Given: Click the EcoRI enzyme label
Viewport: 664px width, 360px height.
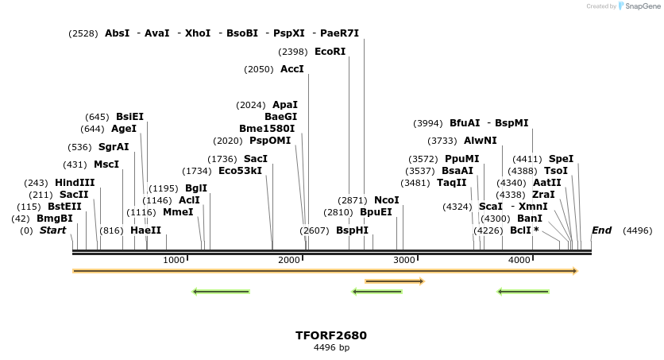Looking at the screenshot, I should (330, 52).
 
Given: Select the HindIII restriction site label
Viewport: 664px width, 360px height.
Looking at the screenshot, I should (75, 183).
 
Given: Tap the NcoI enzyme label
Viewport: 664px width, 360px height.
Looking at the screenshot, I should (387, 200).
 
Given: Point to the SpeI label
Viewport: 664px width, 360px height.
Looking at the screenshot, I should (561, 159).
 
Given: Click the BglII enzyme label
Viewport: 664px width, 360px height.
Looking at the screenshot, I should (196, 188).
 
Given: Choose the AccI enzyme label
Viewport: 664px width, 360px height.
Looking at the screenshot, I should (292, 69).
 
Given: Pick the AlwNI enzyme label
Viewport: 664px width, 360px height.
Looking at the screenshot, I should (481, 141).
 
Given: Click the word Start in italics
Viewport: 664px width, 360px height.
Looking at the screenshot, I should (52, 230).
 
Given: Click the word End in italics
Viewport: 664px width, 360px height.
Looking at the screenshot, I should (601, 230).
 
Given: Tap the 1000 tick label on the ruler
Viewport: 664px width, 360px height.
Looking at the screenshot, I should (173, 260).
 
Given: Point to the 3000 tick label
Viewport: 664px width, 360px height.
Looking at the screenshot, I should (404, 260).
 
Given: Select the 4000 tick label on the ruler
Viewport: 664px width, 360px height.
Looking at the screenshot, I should (519, 260).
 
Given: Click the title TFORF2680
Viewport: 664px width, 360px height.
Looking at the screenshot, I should (331, 335).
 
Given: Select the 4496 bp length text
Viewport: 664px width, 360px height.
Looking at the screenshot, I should (331, 348).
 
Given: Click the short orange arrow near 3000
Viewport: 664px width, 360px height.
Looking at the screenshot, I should (395, 281).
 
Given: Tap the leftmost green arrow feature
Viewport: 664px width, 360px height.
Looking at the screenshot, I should (222, 292).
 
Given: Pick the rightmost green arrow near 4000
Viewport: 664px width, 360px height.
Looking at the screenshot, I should (523, 292).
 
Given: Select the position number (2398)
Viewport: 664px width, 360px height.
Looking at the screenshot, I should (292, 52).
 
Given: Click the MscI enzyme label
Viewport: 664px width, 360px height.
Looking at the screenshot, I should (106, 165).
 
